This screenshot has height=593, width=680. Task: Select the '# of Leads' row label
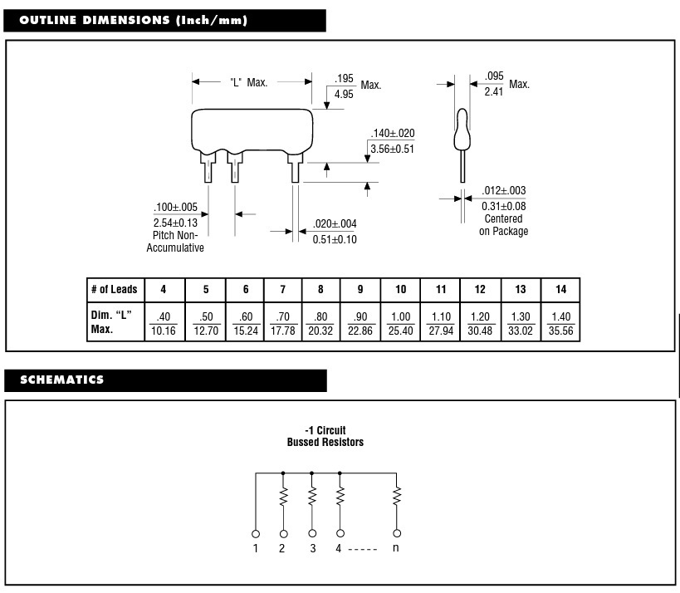point(114,289)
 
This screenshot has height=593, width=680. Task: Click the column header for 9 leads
point(360,289)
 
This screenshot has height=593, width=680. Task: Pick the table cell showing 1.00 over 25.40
point(400,322)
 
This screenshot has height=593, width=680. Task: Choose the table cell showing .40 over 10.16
point(163,322)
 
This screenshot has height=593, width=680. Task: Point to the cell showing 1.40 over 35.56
point(560,322)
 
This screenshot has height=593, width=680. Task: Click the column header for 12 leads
point(480,289)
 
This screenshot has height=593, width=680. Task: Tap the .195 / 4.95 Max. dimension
point(344,86)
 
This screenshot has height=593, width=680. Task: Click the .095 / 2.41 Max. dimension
point(494,84)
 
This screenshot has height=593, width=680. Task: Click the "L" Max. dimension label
point(248,82)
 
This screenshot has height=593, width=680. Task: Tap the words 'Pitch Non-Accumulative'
point(175,242)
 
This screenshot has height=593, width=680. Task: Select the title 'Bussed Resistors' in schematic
point(325,443)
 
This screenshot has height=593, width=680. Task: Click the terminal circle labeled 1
point(256,533)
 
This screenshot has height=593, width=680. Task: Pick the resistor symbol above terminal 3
point(312,497)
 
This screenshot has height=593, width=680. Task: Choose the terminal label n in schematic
point(397,548)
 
